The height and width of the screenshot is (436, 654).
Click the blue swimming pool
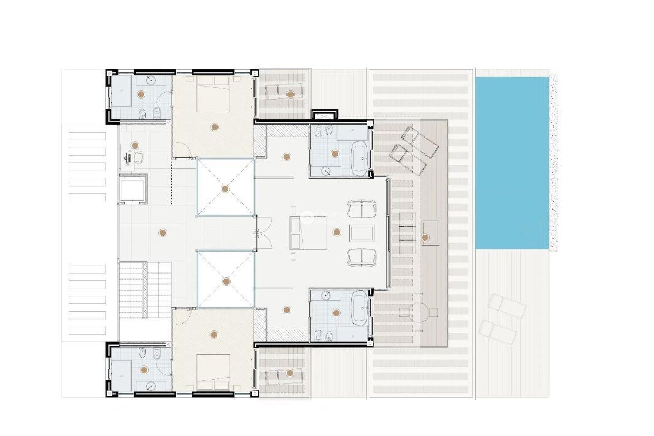[x=512, y=163]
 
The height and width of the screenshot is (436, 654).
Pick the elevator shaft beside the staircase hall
[x=133, y=189]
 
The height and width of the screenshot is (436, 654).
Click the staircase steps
[x=145, y=290]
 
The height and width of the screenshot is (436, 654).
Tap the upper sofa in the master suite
[x=362, y=208]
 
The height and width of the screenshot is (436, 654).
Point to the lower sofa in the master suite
[x=362, y=258]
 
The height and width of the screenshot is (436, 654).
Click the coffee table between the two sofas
[x=362, y=233]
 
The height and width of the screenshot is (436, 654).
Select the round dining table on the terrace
[x=419, y=312]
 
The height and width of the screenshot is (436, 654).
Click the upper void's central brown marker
[x=225, y=189]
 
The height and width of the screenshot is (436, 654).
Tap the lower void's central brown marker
[x=226, y=281]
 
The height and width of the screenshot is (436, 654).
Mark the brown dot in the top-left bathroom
[x=141, y=94]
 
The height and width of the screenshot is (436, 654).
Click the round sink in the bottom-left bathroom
[x=150, y=386]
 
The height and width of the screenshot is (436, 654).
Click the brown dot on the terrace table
[x=425, y=238]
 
